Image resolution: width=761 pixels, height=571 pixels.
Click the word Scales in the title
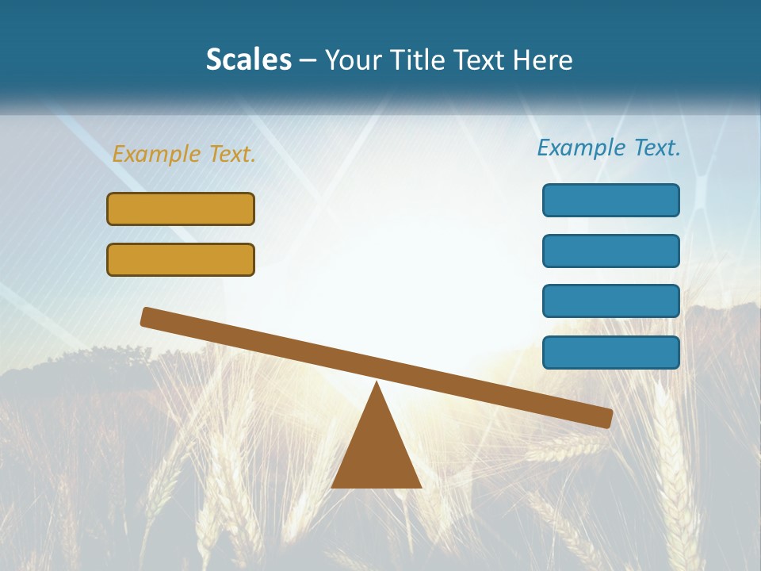coord(249,60)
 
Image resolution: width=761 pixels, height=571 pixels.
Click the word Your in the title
coord(354,60)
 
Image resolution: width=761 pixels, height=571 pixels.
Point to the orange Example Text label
coord(184,154)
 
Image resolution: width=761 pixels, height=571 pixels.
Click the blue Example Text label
coord(609,148)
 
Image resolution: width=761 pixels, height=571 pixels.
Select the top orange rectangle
coord(181,209)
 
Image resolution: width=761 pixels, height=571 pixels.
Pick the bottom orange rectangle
coord(181,259)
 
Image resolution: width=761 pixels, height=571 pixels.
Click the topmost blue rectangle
coord(611,200)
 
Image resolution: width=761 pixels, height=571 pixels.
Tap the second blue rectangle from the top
coord(611,251)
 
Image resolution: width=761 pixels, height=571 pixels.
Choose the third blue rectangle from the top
coord(611,301)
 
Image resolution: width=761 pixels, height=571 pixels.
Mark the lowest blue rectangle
coord(611,352)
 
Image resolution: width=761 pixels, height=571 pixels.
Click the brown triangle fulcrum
coord(377,452)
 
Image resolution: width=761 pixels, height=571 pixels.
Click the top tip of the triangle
coord(377,385)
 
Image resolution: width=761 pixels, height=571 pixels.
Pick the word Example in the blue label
coord(581,148)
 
